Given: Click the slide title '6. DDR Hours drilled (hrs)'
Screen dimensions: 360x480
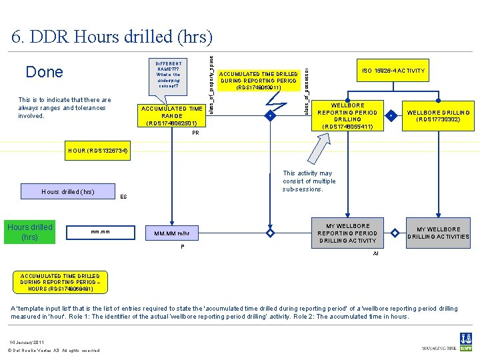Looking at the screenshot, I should pyautogui.click(x=112, y=36).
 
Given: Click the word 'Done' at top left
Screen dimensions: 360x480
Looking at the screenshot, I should pyautogui.click(x=44, y=72).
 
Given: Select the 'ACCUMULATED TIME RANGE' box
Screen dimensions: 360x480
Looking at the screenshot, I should pyautogui.click(x=172, y=115).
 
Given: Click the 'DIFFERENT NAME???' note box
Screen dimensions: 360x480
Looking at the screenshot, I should pyautogui.click(x=169, y=75).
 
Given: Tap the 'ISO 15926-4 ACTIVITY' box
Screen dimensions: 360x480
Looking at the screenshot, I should pyautogui.click(x=393, y=71).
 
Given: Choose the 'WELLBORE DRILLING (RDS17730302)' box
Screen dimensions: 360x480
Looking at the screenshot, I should pyautogui.click(x=438, y=116).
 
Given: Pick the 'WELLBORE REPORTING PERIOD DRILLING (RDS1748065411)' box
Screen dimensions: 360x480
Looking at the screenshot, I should pyautogui.click(x=348, y=116).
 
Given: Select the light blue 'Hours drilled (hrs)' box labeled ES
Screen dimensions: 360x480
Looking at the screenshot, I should pyautogui.click(x=67, y=192).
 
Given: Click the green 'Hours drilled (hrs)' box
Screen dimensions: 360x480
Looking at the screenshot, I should pyautogui.click(x=29, y=232).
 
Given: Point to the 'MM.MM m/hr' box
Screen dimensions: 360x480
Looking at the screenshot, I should pyautogui.click(x=172, y=233).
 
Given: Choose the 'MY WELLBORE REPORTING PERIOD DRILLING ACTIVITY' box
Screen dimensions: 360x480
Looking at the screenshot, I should pyautogui.click(x=348, y=233).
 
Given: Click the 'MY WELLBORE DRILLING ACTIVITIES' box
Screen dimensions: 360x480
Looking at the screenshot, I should pyautogui.click(x=438, y=233).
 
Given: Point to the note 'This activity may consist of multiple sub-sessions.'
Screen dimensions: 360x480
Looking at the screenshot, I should pyautogui.click(x=309, y=181).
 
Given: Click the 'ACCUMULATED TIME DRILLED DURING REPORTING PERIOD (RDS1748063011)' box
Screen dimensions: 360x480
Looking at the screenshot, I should pyautogui.click(x=259, y=80).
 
